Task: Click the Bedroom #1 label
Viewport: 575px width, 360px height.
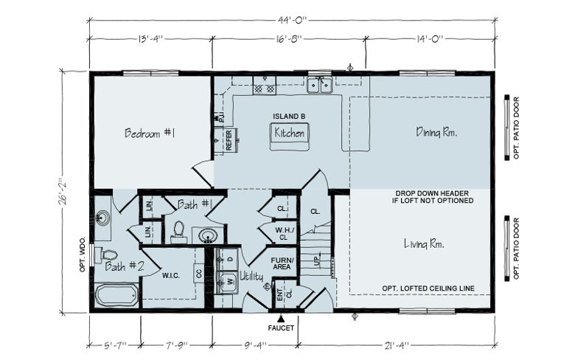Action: click(x=150, y=133)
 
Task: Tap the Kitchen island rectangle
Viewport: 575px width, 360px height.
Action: click(x=289, y=136)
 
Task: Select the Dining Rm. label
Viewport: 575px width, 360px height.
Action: click(x=436, y=132)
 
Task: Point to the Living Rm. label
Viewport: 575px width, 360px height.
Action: click(x=425, y=243)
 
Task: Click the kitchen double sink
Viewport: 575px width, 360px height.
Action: click(x=320, y=86)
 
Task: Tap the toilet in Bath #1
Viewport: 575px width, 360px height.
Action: click(x=179, y=231)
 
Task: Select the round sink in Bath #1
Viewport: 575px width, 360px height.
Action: click(x=208, y=235)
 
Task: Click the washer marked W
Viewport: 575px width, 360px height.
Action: click(x=228, y=282)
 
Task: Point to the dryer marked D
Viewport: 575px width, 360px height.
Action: click(x=228, y=259)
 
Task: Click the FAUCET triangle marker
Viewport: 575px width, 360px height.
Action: click(x=281, y=318)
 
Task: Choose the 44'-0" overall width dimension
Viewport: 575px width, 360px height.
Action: click(x=292, y=20)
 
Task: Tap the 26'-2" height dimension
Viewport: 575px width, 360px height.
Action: click(x=63, y=192)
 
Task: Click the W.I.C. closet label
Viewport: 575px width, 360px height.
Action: click(x=171, y=276)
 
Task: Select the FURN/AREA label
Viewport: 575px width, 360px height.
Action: click(x=282, y=263)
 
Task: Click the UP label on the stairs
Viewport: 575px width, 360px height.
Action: click(x=317, y=261)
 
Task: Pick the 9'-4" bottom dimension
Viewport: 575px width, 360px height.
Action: click(x=255, y=345)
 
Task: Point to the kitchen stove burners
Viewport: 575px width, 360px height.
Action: click(x=264, y=88)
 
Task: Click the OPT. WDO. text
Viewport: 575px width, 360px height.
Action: click(x=82, y=254)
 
